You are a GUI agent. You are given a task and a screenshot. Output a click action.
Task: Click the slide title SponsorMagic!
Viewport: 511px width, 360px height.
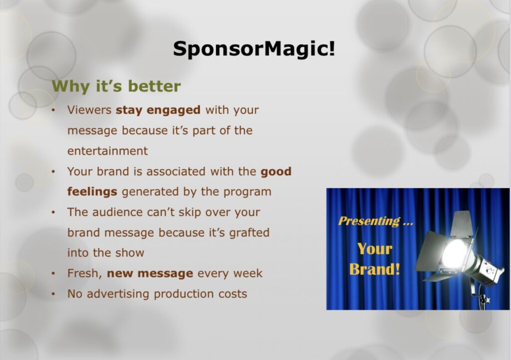click(254, 49)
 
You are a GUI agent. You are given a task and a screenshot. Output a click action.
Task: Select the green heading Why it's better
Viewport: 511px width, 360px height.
click(116, 86)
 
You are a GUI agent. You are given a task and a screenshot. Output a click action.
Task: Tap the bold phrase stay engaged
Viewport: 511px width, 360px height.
click(158, 110)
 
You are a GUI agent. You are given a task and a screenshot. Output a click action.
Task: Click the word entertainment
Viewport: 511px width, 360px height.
click(108, 151)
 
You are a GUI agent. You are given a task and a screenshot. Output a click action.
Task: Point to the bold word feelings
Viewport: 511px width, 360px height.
click(92, 192)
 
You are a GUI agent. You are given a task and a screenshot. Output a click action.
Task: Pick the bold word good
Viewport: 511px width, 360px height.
click(275, 171)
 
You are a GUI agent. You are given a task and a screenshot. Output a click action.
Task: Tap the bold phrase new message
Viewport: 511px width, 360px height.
click(150, 273)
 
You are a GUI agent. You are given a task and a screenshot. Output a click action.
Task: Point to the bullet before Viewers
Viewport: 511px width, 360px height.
click(53, 110)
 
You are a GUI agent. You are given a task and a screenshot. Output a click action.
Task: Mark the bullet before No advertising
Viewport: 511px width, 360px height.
click(53, 294)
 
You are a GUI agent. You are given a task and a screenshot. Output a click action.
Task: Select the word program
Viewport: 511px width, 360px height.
click(247, 192)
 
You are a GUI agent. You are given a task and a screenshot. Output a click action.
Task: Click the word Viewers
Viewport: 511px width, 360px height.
click(89, 110)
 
